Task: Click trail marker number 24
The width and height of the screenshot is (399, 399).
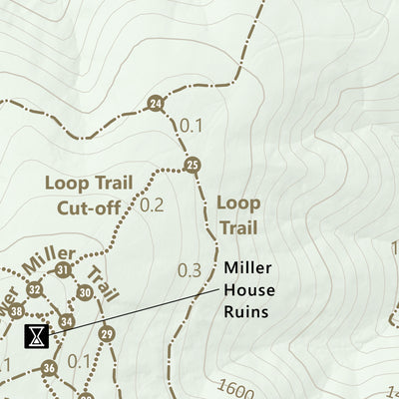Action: (155, 104)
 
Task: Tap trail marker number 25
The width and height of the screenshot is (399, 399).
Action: (193, 165)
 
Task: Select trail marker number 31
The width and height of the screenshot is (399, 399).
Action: (64, 270)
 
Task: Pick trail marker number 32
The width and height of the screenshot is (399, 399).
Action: (35, 290)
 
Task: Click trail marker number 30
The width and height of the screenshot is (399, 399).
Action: (85, 292)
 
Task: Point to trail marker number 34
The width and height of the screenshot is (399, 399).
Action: (66, 321)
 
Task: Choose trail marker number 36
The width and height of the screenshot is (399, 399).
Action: (49, 368)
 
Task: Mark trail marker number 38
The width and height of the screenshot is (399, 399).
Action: (16, 311)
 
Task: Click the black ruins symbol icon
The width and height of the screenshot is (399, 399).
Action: (36, 334)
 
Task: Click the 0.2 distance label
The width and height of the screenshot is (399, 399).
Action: (153, 206)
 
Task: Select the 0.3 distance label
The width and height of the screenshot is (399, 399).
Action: (189, 270)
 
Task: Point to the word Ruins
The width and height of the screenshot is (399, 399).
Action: (246, 311)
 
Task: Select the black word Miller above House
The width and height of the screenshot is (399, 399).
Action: (246, 267)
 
